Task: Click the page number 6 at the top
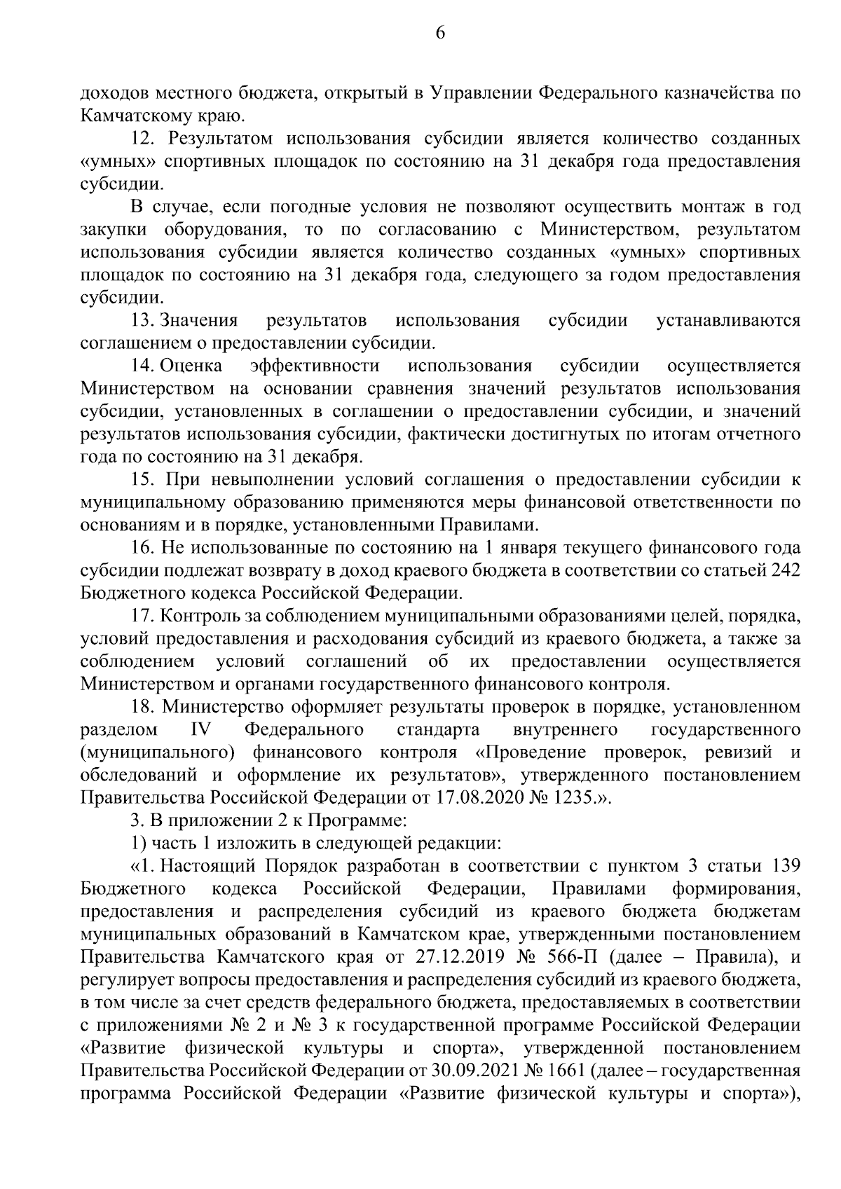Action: [440, 33]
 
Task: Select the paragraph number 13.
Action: [141, 321]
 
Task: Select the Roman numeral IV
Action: [201, 730]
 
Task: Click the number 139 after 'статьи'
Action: [785, 867]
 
